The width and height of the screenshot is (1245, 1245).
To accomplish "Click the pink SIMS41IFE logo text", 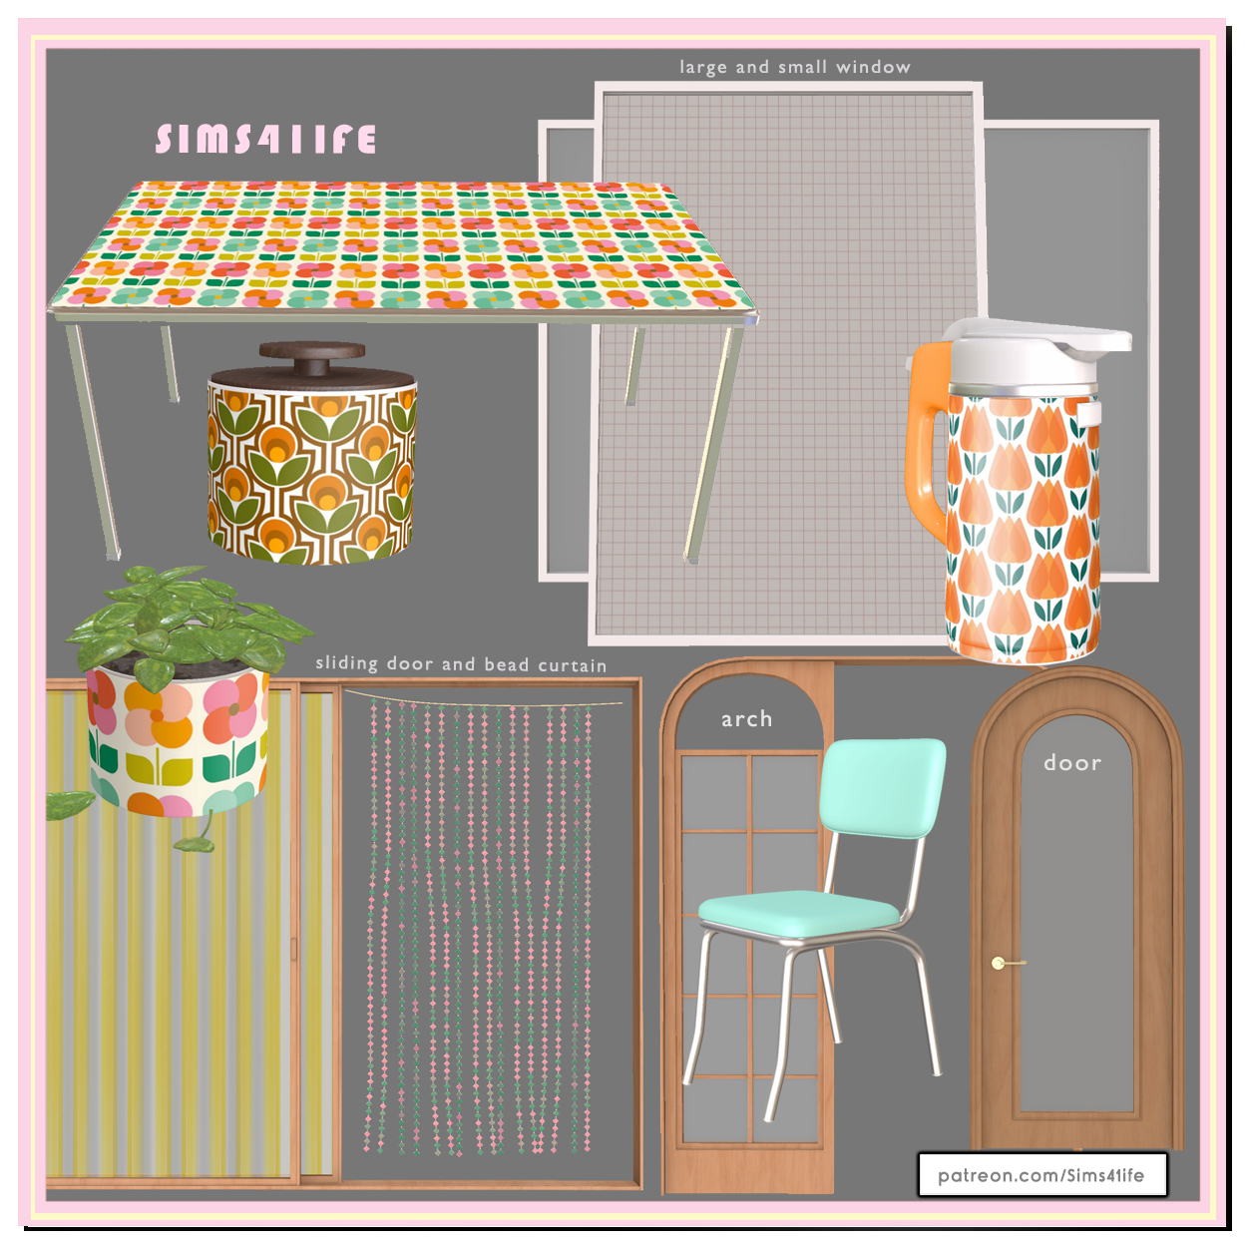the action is [265, 139].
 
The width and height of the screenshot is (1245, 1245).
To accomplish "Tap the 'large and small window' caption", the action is [794, 67].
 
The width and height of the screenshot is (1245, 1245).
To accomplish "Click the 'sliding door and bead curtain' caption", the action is [461, 664].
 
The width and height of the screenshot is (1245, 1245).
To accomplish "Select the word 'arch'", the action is [746, 719].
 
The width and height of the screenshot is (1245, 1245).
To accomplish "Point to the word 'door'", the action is [1071, 763].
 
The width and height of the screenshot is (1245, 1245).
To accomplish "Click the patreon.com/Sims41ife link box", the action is [1041, 1174].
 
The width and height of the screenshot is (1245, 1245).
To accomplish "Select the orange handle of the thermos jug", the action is [927, 439].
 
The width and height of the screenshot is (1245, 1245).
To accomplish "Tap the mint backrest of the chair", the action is [882, 787].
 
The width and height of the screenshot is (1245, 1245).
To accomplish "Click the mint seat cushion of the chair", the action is [799, 912].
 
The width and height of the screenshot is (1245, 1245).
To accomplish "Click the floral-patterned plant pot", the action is [177, 743].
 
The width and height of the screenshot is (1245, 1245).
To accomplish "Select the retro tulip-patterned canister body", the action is [311, 472].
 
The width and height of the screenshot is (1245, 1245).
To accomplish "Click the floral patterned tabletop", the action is [401, 245].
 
